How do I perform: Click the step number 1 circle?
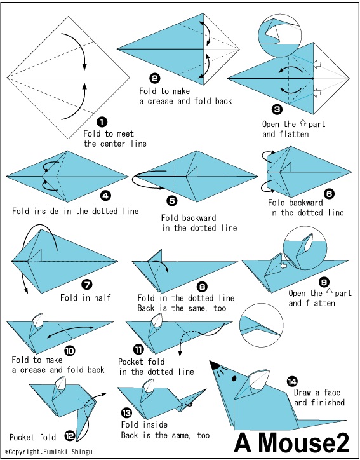pyautogui.click(x=102, y=122)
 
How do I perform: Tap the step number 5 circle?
pyautogui.click(x=172, y=200)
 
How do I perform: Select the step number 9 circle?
pyautogui.click(x=324, y=282)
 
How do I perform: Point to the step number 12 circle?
pyautogui.click(x=70, y=436)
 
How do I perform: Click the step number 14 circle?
pyautogui.click(x=292, y=381)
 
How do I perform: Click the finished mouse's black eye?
pyautogui.click(x=234, y=379)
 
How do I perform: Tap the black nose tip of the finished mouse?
pyautogui.click(x=215, y=365)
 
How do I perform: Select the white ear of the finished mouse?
pyautogui.click(x=260, y=379)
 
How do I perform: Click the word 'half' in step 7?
pyautogui.click(x=102, y=297)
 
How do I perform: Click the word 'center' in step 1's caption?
pyautogui.click(x=115, y=144)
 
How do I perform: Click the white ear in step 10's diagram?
pyautogui.click(x=39, y=320)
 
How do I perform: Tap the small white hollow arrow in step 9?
pyautogui.click(x=283, y=266)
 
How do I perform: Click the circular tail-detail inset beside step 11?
pyautogui.click(x=261, y=326)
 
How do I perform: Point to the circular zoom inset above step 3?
pyautogui.click(x=280, y=36)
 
